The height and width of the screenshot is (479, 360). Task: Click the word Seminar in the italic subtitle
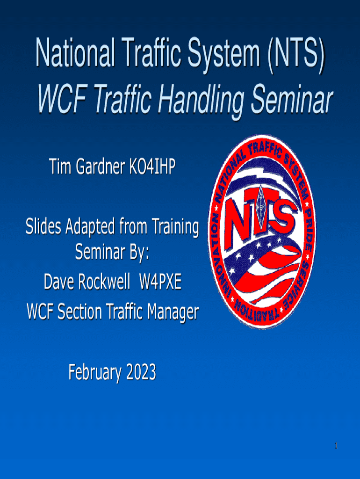pyautogui.click(x=292, y=98)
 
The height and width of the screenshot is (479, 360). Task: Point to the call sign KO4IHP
pyautogui.click(x=152, y=167)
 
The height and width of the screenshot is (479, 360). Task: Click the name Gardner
pyautogui.click(x=101, y=167)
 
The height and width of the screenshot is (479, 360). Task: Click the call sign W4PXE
pyautogui.click(x=160, y=281)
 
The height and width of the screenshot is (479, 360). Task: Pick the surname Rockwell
pyautogui.click(x=104, y=281)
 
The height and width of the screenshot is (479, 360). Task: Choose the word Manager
pyautogui.click(x=173, y=312)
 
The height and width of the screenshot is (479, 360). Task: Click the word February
pyautogui.click(x=95, y=372)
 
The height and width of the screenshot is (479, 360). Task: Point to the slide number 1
pyautogui.click(x=336, y=446)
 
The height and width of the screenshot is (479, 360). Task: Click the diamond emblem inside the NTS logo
pyautogui.click(x=261, y=206)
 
